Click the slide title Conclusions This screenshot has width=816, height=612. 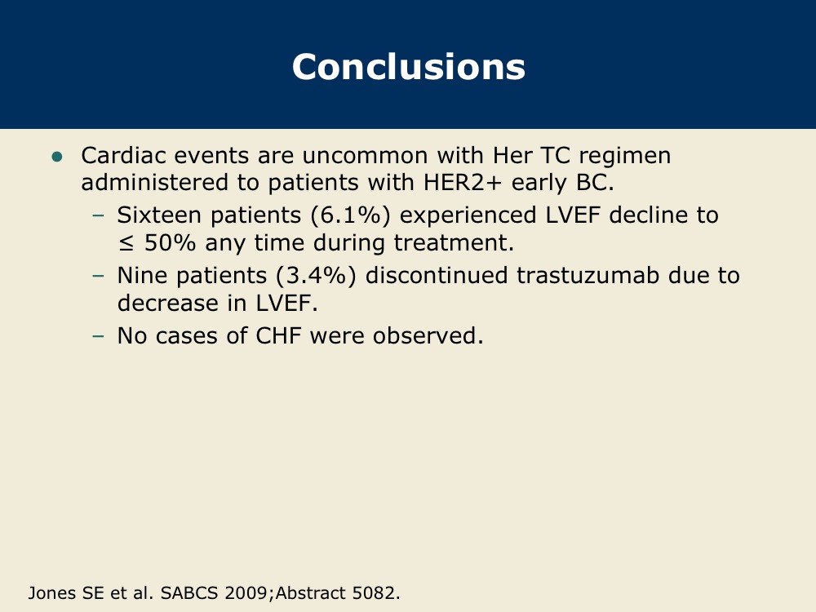coord(409,67)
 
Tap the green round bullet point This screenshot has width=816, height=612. coord(57,157)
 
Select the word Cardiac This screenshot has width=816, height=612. coord(123,155)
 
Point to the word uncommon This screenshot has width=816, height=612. coord(365,155)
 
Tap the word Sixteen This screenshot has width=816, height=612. coord(159,215)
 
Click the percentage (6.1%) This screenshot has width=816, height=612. coord(350,215)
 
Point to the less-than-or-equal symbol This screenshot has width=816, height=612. coord(126,243)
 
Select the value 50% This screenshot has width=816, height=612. coord(170,242)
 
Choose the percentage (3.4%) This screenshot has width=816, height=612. coord(317,275)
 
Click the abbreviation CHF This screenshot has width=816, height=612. coord(278,335)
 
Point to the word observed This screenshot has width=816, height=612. coord(428,335)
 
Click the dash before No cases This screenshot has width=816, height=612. coord(98,335)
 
